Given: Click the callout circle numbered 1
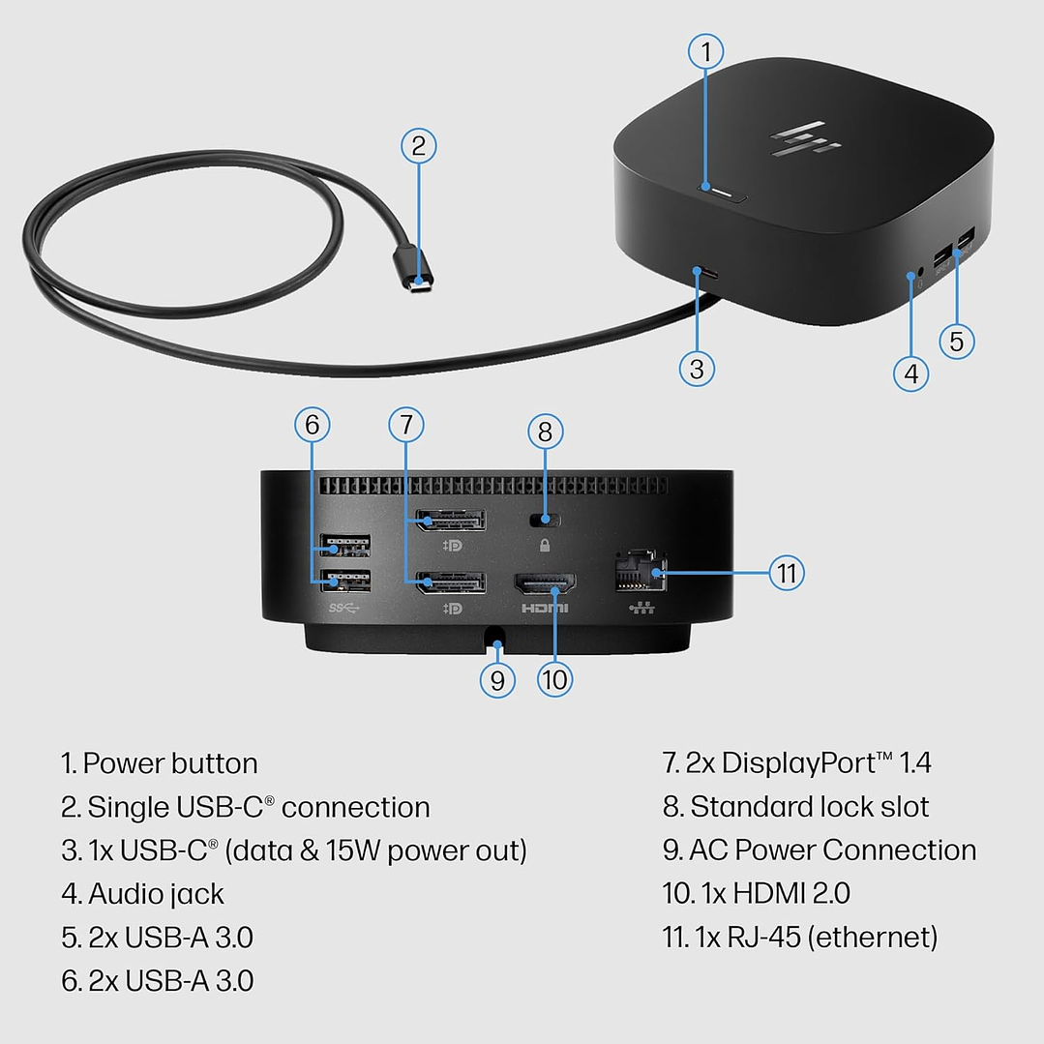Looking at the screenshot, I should [705, 51].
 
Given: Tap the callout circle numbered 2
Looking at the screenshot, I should [418, 146].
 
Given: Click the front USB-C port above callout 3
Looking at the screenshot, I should [705, 274].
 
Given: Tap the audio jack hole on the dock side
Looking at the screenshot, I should [910, 278].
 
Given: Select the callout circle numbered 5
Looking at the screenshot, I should [956, 340].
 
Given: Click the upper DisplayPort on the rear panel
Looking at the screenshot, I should [450, 522].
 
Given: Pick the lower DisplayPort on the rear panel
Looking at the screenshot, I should [450, 583].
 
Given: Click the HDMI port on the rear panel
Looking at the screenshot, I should [545, 583].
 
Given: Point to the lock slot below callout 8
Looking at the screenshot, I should [545, 520].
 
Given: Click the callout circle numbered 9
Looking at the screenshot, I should [496, 679].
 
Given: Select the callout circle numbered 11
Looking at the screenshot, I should [787, 573].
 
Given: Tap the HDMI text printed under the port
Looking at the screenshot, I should [545, 609].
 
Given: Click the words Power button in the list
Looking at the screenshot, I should [170, 763].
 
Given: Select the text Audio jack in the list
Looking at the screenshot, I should [156, 894].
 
